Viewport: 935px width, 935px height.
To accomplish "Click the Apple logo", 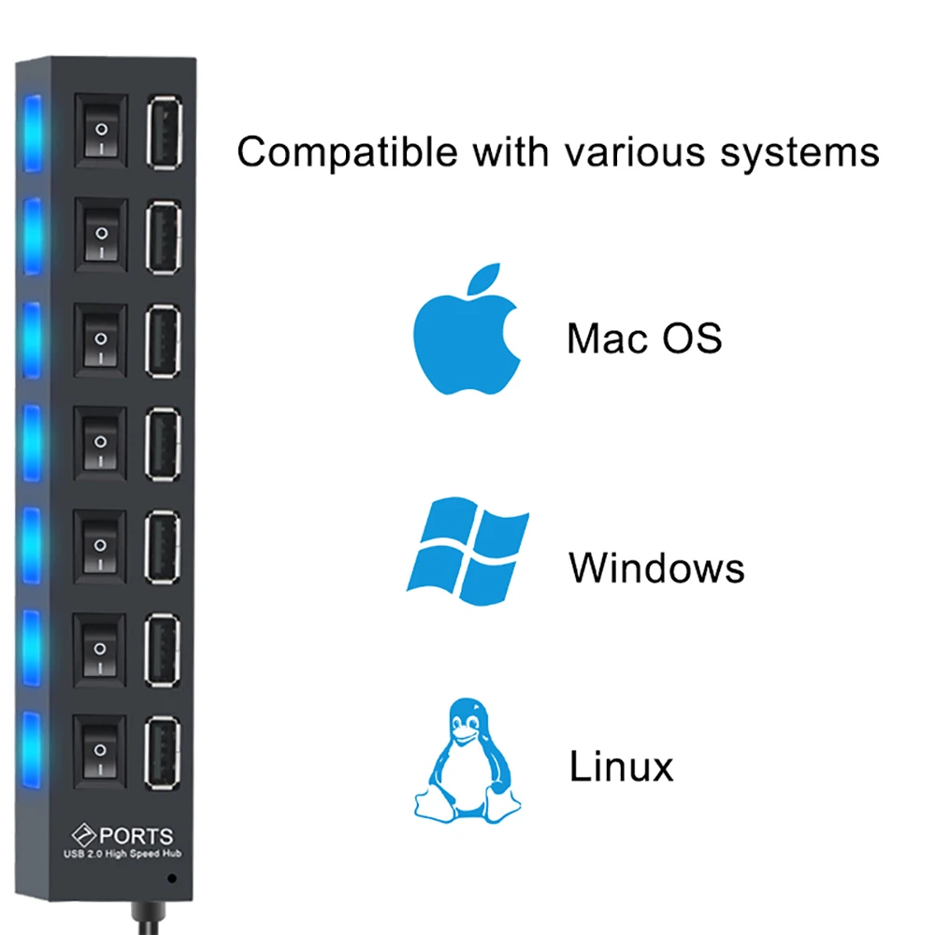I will (x=467, y=336).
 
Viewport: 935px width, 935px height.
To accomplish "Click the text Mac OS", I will (x=644, y=338).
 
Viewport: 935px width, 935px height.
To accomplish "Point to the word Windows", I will (x=656, y=568).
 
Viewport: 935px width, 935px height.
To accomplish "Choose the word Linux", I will (x=621, y=768).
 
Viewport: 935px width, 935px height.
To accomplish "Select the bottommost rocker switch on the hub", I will (x=100, y=748).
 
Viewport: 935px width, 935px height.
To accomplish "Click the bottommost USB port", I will (x=164, y=748).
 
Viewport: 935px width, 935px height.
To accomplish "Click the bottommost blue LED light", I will (x=33, y=748).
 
